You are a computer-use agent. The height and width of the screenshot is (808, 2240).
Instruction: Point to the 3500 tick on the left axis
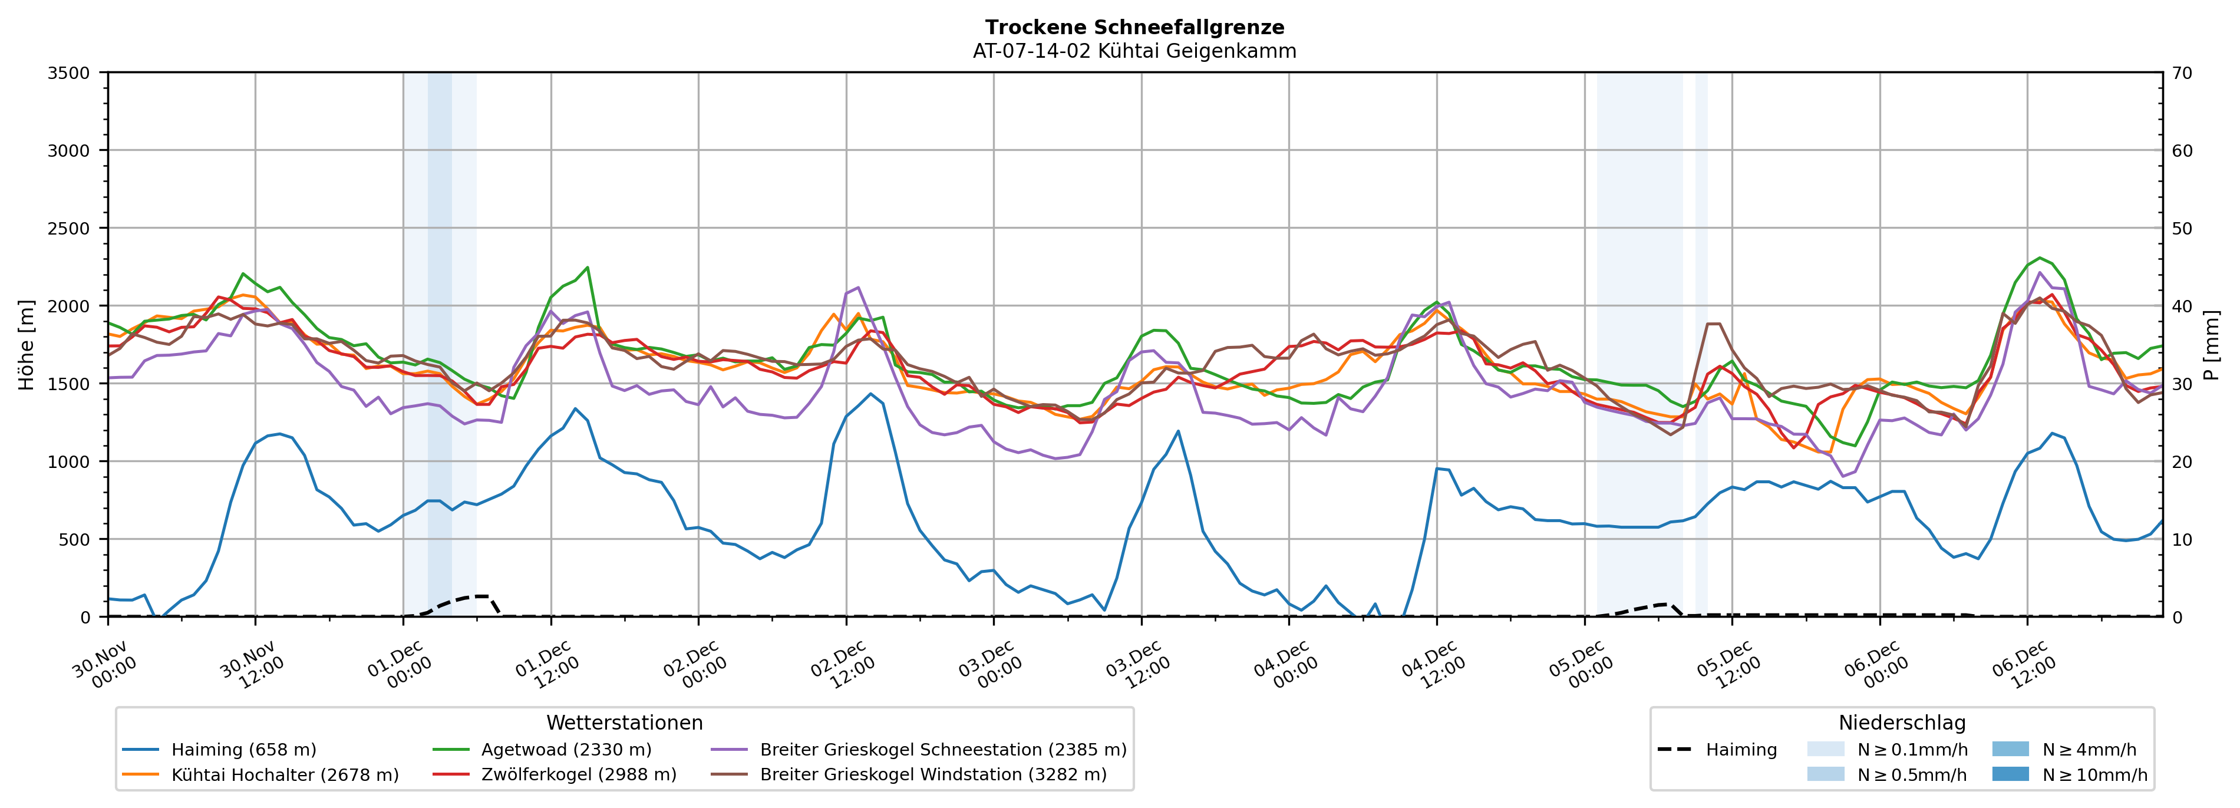click(69, 73)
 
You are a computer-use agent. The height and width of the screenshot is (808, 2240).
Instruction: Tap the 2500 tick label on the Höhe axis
click(69, 229)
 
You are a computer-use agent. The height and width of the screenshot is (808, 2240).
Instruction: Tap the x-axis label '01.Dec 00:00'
click(400, 665)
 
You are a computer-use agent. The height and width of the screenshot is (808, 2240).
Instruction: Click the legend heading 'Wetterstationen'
click(624, 723)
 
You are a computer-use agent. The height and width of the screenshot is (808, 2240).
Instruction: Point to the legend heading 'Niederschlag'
click(1902, 723)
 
